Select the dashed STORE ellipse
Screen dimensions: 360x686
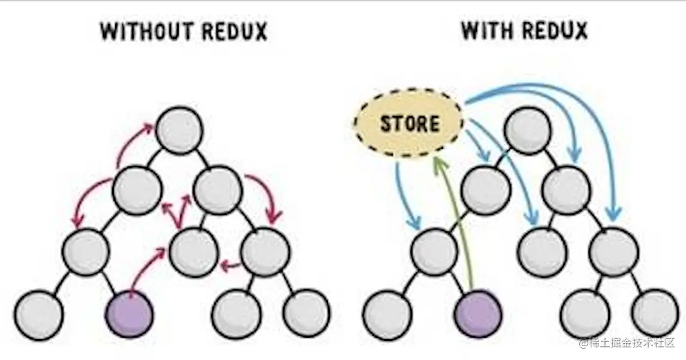[x=408, y=124]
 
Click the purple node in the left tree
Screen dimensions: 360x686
[x=130, y=313]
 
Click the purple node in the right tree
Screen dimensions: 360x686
[x=478, y=313]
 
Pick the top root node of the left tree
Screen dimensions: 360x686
[x=179, y=130]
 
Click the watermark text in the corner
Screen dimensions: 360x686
[x=626, y=343]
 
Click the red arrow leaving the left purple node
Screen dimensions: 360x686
[x=146, y=272]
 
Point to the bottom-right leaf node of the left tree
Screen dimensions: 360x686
[x=306, y=313]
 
